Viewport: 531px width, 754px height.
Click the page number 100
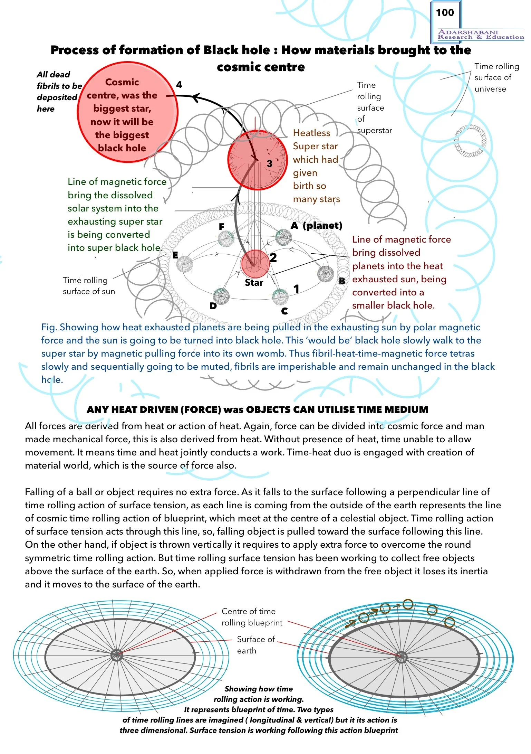click(445, 13)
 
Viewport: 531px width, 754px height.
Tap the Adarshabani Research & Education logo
click(480, 35)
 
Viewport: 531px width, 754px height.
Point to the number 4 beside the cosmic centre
click(179, 85)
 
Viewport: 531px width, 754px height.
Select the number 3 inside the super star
click(270, 163)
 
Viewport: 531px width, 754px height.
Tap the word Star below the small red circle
click(254, 283)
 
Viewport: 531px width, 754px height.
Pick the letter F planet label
click(222, 227)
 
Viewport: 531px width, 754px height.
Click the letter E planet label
click(175, 255)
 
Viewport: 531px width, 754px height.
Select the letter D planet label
click(213, 306)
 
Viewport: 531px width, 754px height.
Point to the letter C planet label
click(284, 311)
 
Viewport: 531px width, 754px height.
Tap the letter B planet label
click(342, 281)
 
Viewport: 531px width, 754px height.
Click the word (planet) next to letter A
click(322, 226)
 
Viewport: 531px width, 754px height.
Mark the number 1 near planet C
click(296, 289)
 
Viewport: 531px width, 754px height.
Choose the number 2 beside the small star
click(273, 257)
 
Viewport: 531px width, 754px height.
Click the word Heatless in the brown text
click(311, 133)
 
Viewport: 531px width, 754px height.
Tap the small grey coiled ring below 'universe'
click(470, 141)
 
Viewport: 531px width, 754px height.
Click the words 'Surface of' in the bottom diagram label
click(256, 639)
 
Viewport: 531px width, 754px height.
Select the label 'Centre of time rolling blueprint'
click(252, 617)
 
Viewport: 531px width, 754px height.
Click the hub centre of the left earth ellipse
click(117, 654)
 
